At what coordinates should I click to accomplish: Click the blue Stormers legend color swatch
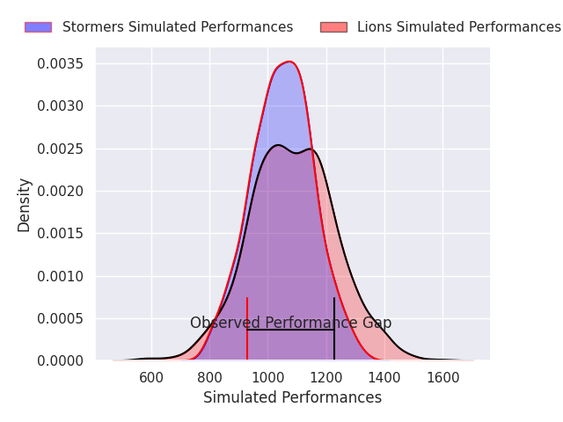click(x=38, y=27)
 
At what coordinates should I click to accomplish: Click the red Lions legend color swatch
click(x=333, y=27)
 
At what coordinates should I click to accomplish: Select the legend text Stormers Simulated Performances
click(x=178, y=27)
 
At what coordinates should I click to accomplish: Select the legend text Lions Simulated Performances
click(x=459, y=27)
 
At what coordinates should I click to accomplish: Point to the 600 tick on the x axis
click(x=151, y=378)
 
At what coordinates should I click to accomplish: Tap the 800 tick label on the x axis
click(x=209, y=378)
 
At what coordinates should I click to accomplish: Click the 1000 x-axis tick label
click(x=267, y=378)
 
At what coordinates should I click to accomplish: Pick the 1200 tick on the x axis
click(x=325, y=378)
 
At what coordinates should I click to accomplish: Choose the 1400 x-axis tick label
click(x=384, y=378)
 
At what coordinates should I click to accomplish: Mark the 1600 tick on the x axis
click(x=442, y=378)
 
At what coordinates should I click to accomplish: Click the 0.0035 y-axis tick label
click(x=61, y=64)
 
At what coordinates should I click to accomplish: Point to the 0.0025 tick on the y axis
click(x=61, y=149)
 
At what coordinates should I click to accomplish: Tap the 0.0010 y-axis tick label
click(x=61, y=276)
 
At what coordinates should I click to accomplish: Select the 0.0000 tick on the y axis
click(x=61, y=360)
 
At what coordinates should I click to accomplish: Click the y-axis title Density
click(x=25, y=205)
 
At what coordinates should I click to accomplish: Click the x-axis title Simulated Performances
click(x=292, y=398)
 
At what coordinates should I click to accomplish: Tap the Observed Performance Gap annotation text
click(x=290, y=324)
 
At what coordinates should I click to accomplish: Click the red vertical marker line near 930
click(x=247, y=338)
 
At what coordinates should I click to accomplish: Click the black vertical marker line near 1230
click(x=334, y=338)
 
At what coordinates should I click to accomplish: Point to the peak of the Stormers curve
click(x=288, y=62)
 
